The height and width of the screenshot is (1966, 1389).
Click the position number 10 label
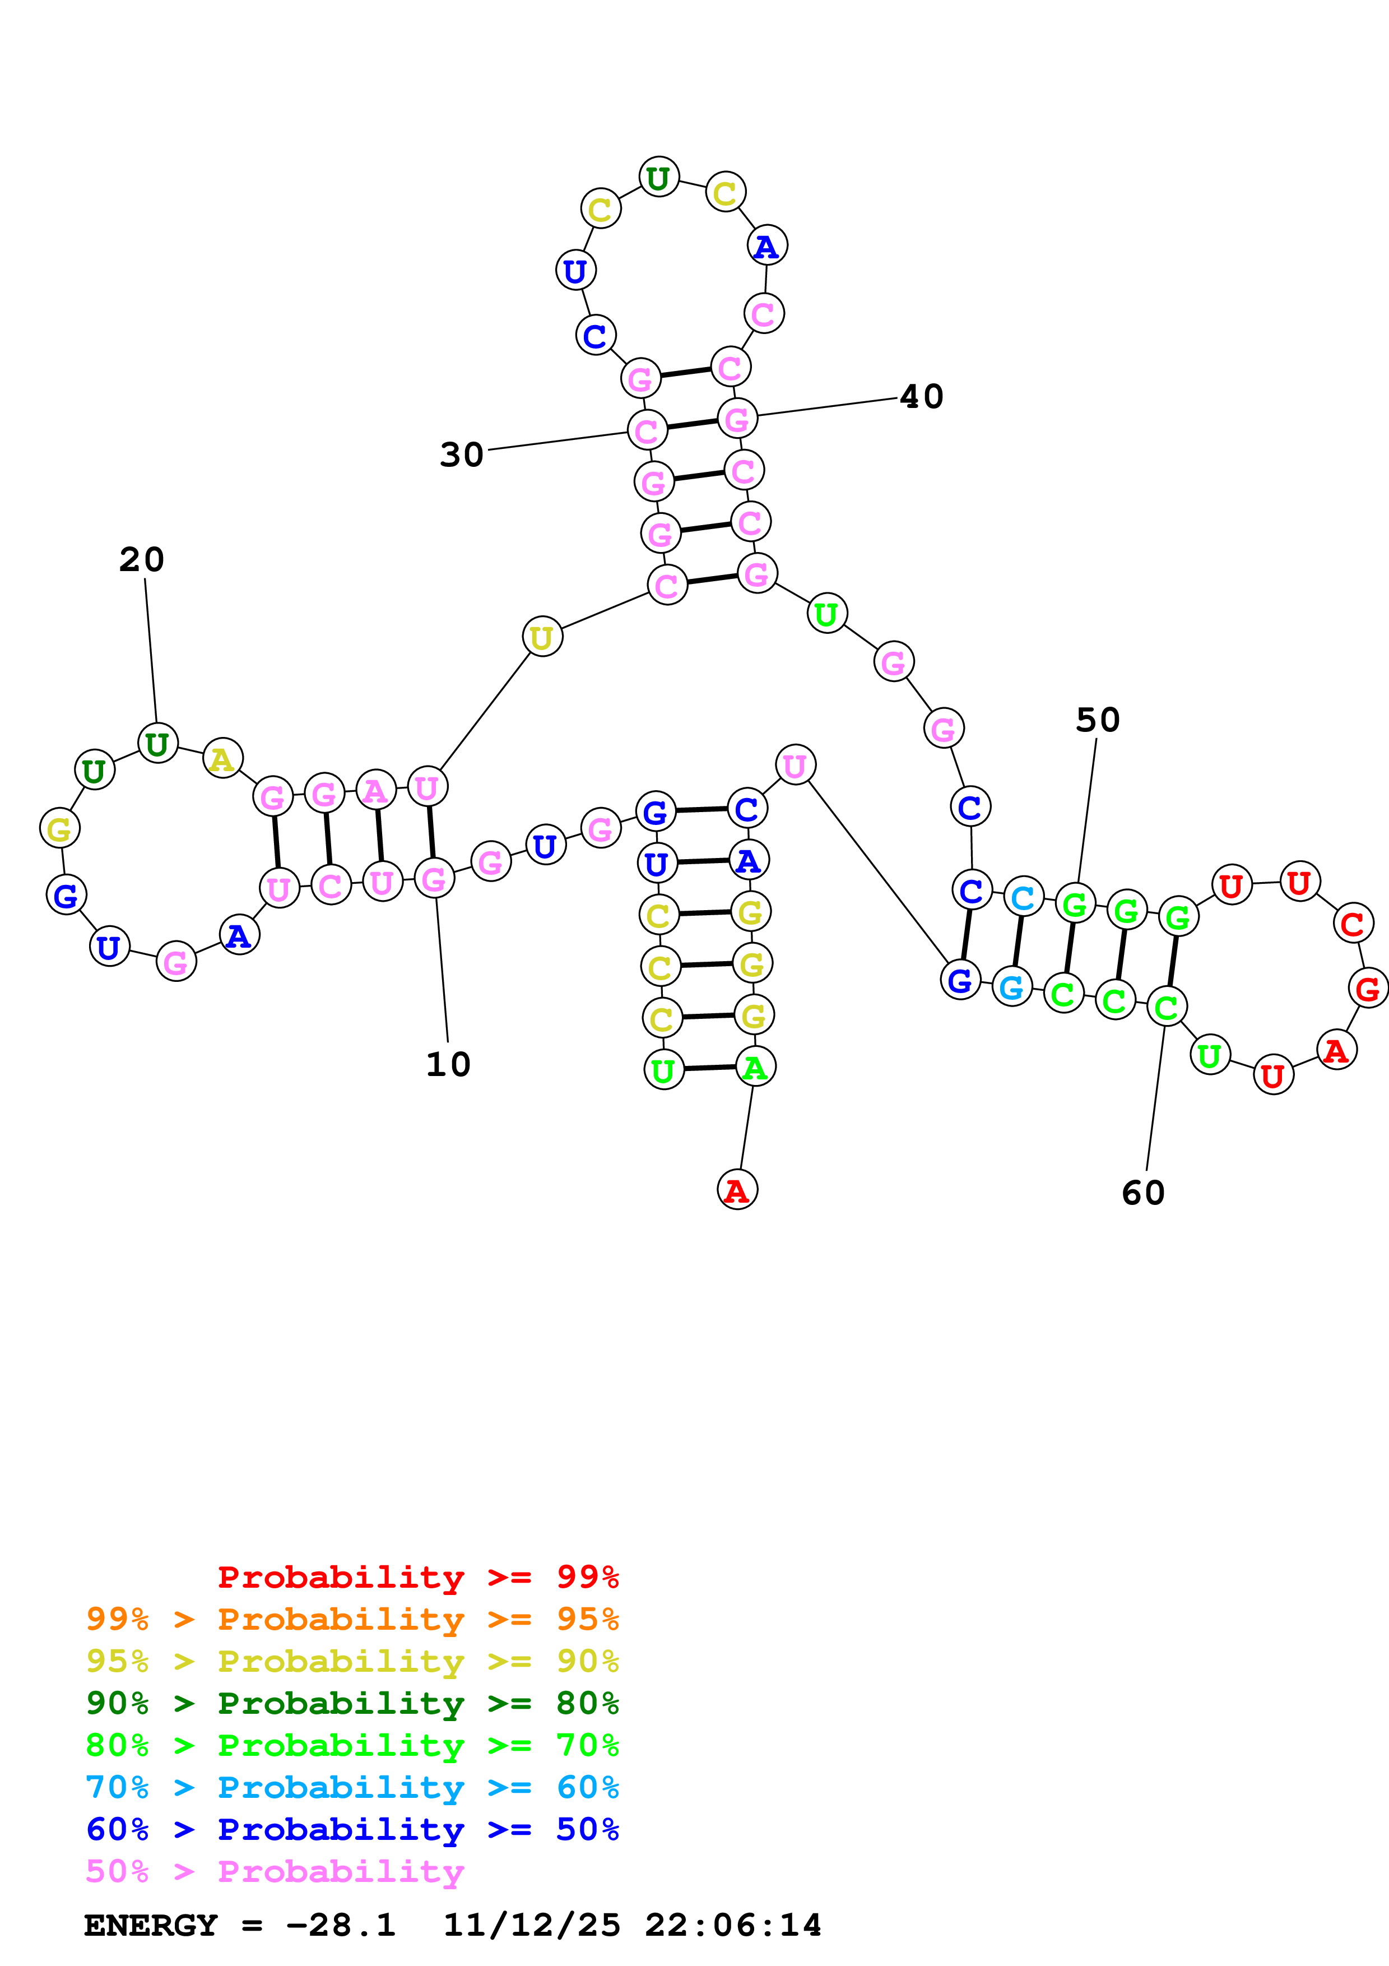[448, 1064]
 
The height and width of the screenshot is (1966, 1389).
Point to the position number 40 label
[921, 396]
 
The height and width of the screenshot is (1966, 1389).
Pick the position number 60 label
[1144, 1193]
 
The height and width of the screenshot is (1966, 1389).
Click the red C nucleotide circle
[1352, 924]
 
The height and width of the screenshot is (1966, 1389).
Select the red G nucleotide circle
[1368, 989]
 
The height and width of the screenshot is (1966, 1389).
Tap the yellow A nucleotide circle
[222, 759]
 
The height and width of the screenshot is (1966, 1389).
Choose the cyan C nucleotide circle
[1023, 897]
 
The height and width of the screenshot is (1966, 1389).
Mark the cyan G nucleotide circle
[1011, 987]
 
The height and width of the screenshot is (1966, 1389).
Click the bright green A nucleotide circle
[755, 1068]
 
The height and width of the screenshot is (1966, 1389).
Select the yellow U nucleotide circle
[542, 637]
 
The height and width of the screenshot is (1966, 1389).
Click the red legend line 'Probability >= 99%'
[417, 1577]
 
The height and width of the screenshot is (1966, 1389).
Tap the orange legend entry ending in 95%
[352, 1619]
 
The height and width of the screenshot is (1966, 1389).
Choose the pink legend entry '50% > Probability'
[275, 1871]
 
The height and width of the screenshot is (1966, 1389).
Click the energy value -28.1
[341, 1925]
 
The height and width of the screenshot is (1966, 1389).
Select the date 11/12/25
[532, 1925]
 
